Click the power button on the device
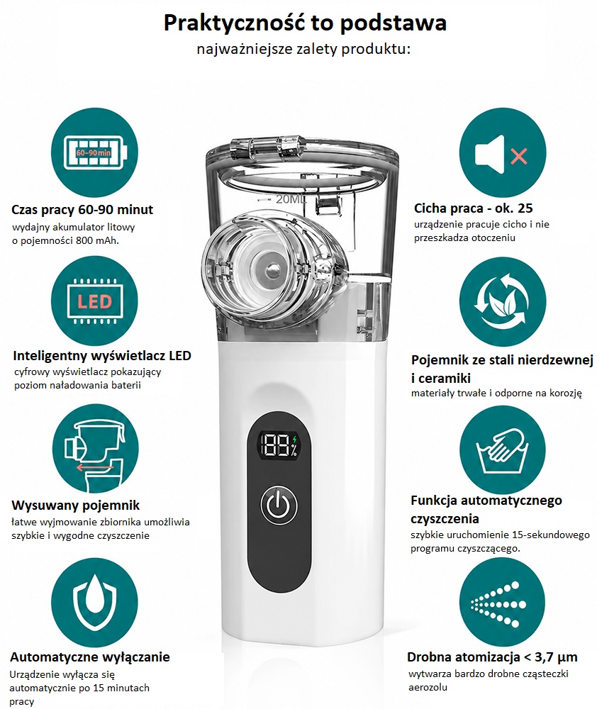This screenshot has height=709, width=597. (x=279, y=505)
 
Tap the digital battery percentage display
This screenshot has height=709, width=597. (x=279, y=445)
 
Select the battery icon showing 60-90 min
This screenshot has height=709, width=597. (x=94, y=153)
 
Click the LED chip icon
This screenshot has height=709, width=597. (x=94, y=301)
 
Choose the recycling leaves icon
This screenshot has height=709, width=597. (x=503, y=301)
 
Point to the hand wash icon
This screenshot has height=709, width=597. (x=503, y=450)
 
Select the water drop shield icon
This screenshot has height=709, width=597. (x=94, y=603)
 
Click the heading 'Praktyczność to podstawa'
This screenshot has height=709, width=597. (x=305, y=23)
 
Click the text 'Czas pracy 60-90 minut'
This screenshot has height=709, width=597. (x=82, y=210)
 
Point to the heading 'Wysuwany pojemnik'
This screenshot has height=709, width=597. (x=76, y=505)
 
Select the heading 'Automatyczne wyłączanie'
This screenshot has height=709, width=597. (x=90, y=657)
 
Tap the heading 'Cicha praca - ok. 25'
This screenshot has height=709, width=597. (x=474, y=208)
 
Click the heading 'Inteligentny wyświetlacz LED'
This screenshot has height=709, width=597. (x=102, y=356)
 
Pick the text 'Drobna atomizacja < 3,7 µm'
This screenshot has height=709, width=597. (x=493, y=657)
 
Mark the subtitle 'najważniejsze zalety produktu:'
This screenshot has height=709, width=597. (x=303, y=50)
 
